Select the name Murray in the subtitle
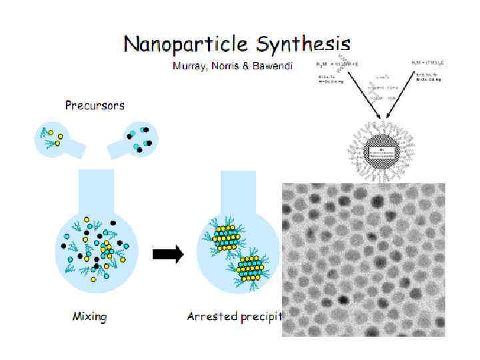pyautogui.click(x=189, y=67)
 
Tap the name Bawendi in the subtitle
pyautogui.click(x=271, y=67)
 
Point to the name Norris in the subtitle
pyautogui.click(x=225, y=67)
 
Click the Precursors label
pyautogui.click(x=94, y=105)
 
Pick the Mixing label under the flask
pyautogui.click(x=89, y=317)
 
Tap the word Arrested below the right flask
pyautogui.click(x=211, y=317)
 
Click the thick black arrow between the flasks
pyautogui.click(x=167, y=254)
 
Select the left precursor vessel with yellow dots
pyautogui.click(x=55, y=137)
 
